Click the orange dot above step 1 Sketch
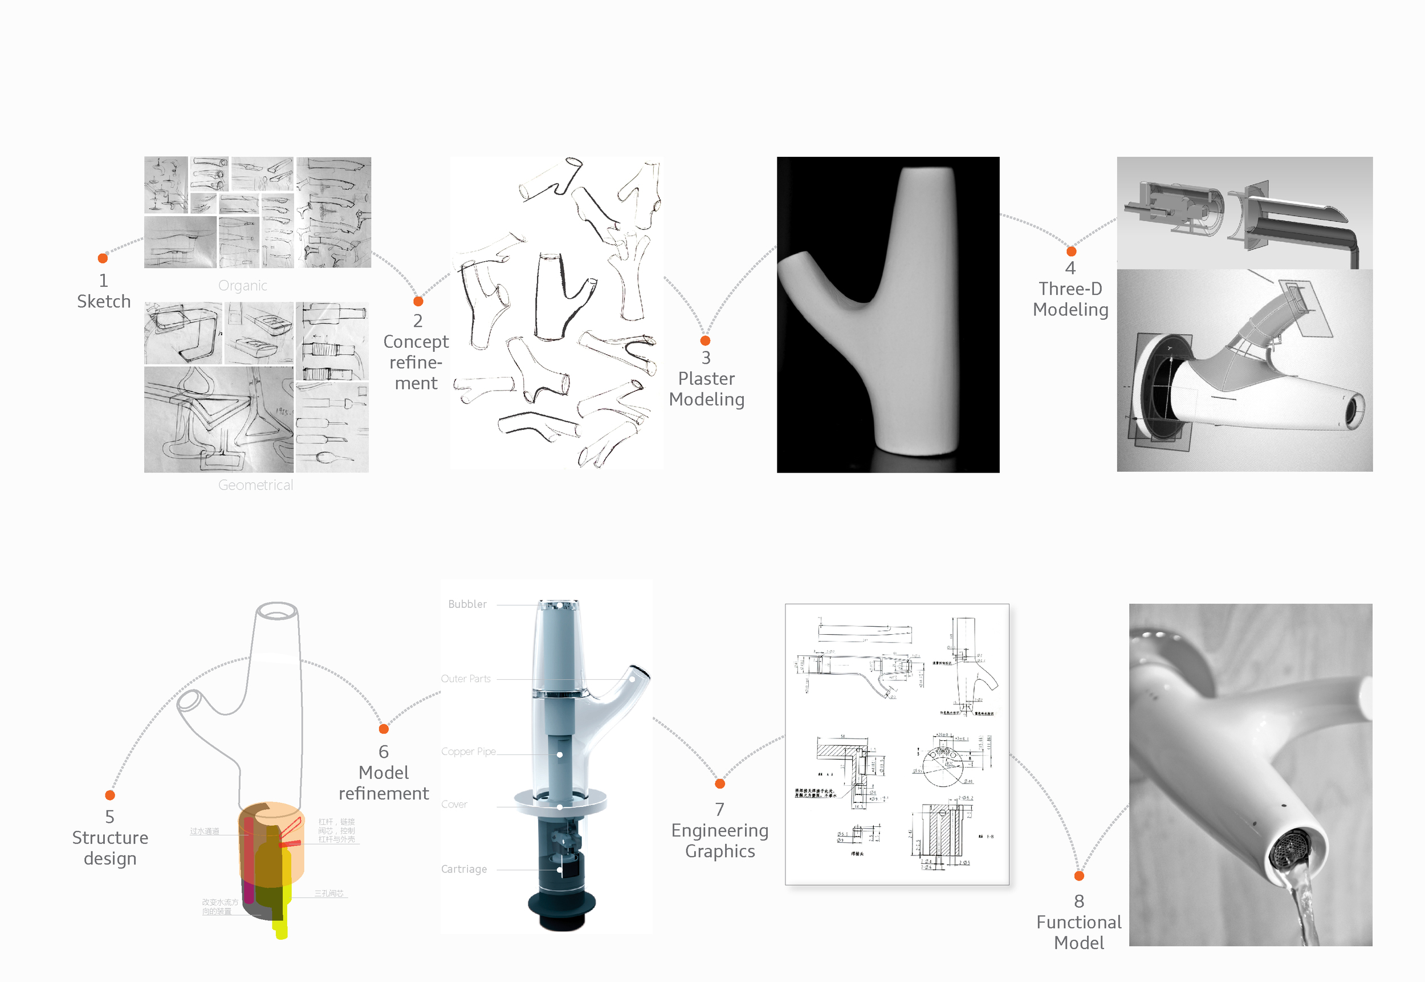click(x=103, y=258)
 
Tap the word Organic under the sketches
click(x=242, y=286)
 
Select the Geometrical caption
click(x=255, y=485)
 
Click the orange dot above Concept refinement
click(x=418, y=302)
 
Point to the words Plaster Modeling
click(x=707, y=389)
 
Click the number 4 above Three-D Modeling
click(x=1070, y=268)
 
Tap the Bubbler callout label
click(x=467, y=604)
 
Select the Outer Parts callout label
click(x=466, y=679)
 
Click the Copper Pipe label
click(x=468, y=751)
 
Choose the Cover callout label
click(x=454, y=804)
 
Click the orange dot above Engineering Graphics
click(x=719, y=784)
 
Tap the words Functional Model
click(x=1079, y=932)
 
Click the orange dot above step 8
click(x=1079, y=875)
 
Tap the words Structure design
click(x=110, y=848)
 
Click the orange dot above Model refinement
click(x=384, y=729)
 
